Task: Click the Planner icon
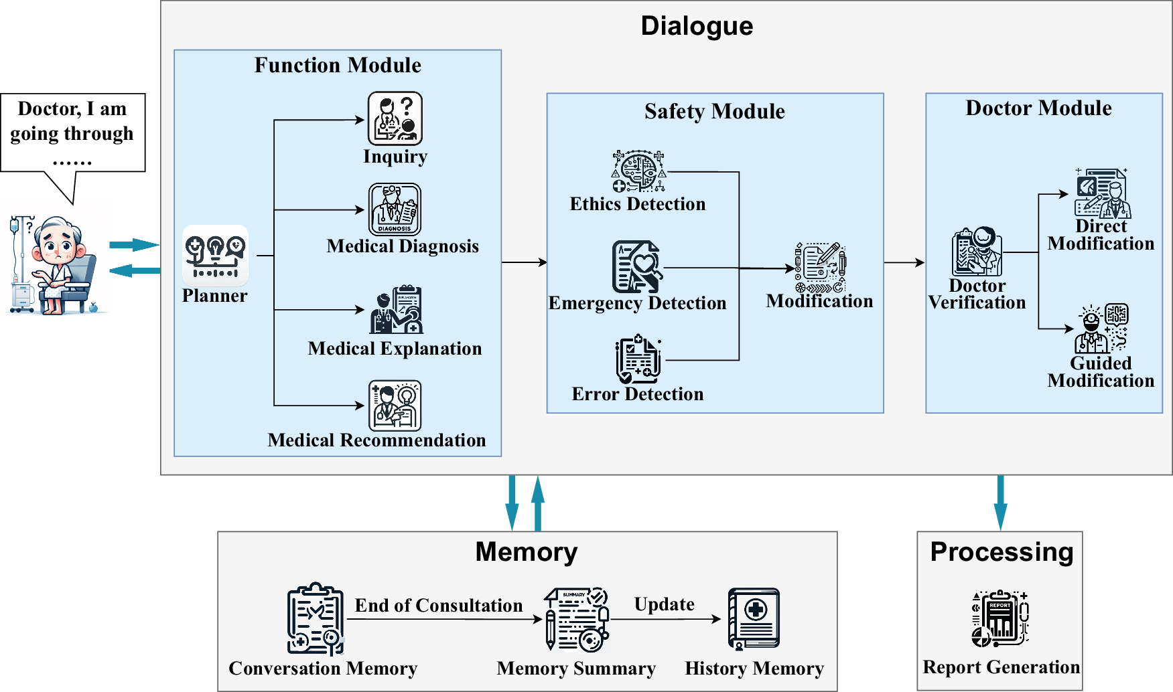pos(215,256)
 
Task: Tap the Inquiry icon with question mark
pos(395,118)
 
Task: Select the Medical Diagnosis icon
pos(395,209)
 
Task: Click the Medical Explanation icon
pos(397,310)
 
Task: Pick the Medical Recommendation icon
pos(395,406)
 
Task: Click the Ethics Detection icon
pos(639,171)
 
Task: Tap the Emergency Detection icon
pos(637,267)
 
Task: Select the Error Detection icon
pos(638,359)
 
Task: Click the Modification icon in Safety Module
pos(820,268)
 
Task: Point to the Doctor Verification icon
pos(977,252)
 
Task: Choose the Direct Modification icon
pos(1102,194)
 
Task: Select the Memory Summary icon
pos(577,620)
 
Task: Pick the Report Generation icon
pos(1000,618)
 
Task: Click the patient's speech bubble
pos(72,133)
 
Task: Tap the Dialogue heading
pos(697,26)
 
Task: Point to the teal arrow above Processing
pos(1000,503)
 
